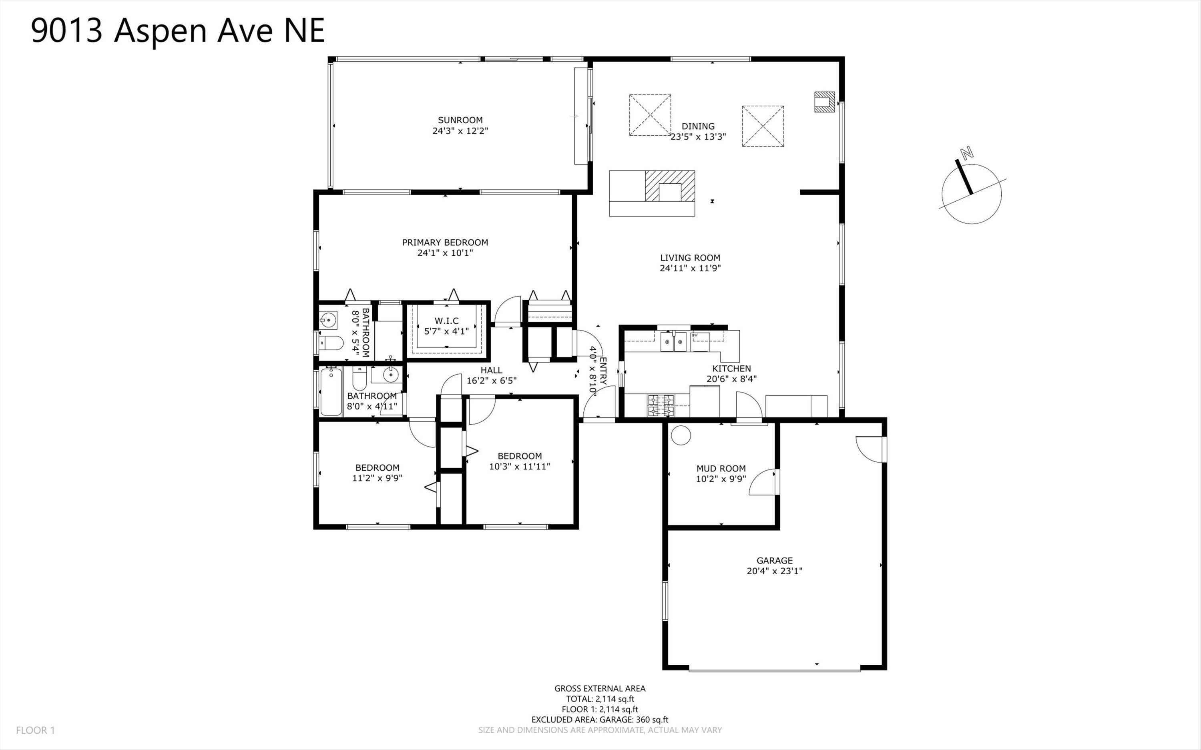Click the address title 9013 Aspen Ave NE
178,30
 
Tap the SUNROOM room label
460,120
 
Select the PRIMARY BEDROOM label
445,243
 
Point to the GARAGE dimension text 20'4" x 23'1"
774,571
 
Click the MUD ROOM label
721,468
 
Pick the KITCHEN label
732,369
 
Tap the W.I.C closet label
446,321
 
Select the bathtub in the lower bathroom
331,392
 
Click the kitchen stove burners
660,405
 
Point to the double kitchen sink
673,342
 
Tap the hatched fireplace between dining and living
670,186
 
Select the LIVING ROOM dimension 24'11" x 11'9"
690,269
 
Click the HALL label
491,370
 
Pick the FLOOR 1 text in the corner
35,730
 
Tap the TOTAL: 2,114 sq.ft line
600,699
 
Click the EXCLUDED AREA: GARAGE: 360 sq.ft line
600,720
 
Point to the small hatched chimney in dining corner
824,102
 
